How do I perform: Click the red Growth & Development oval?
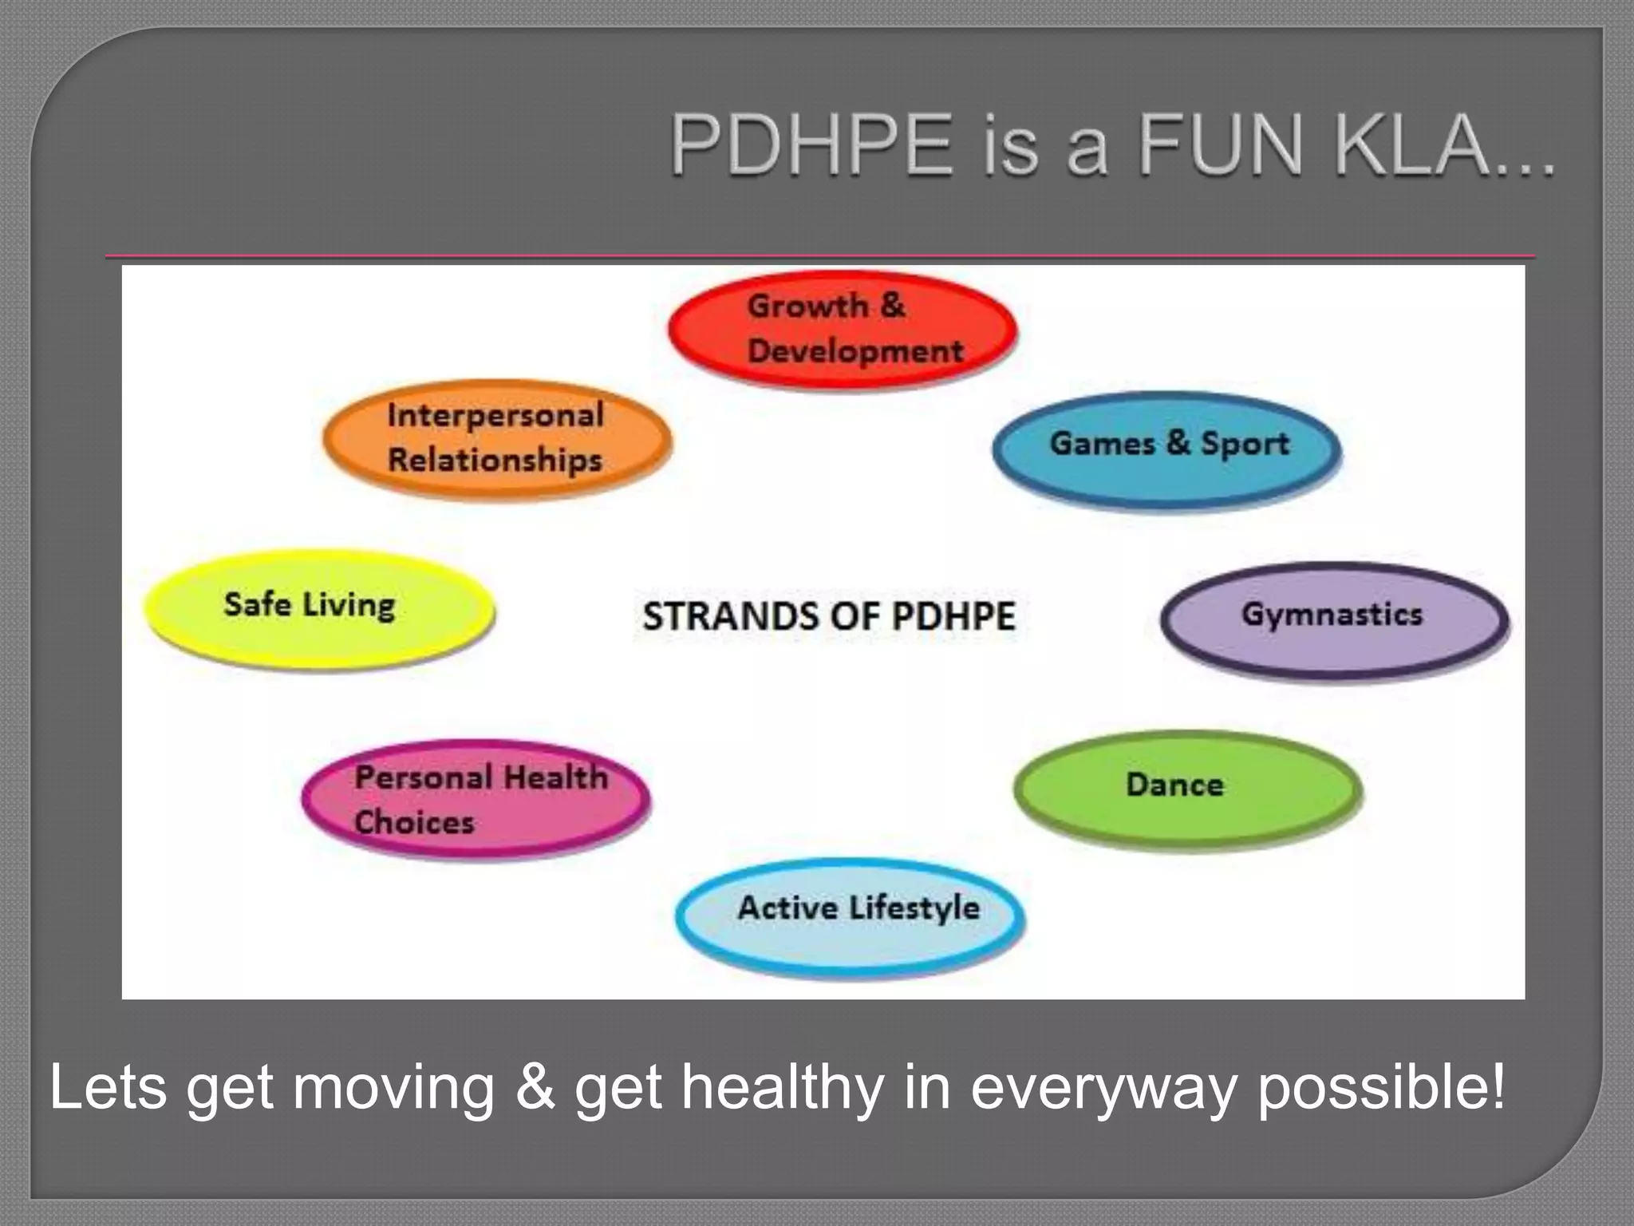click(843, 329)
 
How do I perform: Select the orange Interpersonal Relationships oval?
click(497, 438)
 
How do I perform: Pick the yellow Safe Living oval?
click(319, 608)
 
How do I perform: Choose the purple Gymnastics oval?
click(1334, 619)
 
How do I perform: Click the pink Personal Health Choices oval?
click(476, 799)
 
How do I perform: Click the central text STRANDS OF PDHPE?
click(829, 616)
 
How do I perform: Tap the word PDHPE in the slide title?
click(812, 146)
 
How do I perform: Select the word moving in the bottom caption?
click(394, 1087)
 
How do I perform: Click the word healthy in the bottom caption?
click(783, 1087)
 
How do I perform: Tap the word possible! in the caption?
click(1381, 1087)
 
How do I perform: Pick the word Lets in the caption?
click(109, 1087)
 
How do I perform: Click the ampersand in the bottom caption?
click(535, 1087)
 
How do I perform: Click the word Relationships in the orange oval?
click(495, 461)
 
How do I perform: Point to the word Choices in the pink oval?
click(414, 822)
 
